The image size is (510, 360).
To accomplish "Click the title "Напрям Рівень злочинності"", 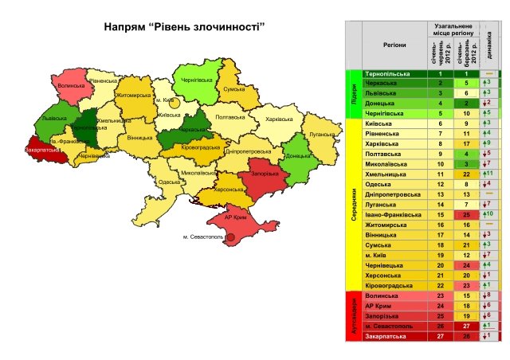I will coord(185,27).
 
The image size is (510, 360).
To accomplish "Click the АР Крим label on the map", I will coord(233,217).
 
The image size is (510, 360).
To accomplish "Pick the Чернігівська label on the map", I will coord(195,80).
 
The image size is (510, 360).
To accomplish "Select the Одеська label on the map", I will coord(169,182).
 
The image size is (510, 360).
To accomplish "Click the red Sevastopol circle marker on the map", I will coord(229,237).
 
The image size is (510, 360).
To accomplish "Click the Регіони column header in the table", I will coord(390,47).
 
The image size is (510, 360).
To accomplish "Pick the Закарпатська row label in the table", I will coord(390,335).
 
